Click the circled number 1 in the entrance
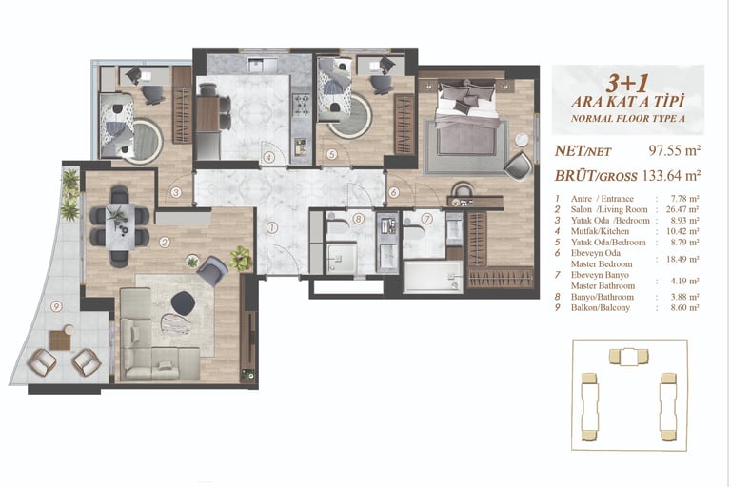[x=272, y=228]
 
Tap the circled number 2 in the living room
[x=164, y=242]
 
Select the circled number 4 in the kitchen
[x=268, y=158]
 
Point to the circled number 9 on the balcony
[x=56, y=306]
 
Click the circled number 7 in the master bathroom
[x=426, y=218]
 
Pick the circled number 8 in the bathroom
[x=358, y=218]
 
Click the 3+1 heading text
[x=627, y=84]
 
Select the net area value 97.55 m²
[x=675, y=150]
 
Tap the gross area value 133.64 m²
[x=671, y=176]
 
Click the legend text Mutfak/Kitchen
[x=600, y=231]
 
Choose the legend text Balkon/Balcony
[x=601, y=307]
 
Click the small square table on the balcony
[x=60, y=340]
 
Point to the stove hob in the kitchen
[x=301, y=105]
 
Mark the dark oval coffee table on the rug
[x=182, y=302]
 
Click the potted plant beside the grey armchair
[x=241, y=258]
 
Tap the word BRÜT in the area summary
[x=572, y=176]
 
